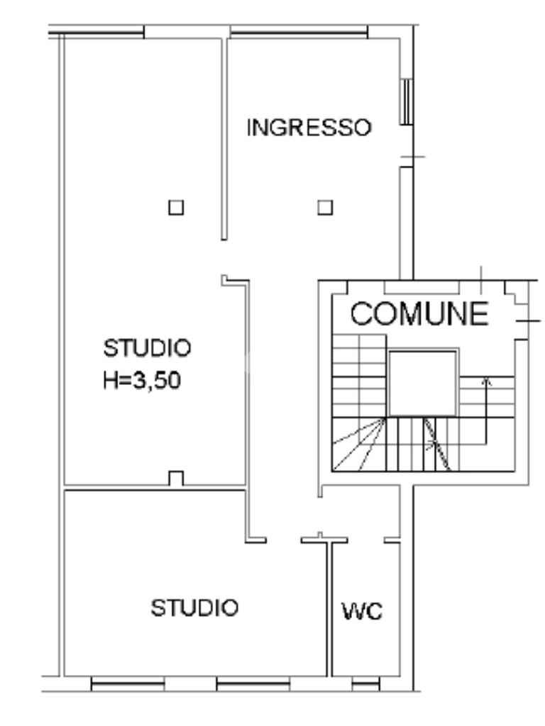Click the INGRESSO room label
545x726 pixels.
pyautogui.click(x=309, y=128)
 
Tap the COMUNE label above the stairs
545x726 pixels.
pyautogui.click(x=419, y=313)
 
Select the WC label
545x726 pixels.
pyautogui.click(x=363, y=611)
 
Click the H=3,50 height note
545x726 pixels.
pyautogui.click(x=142, y=381)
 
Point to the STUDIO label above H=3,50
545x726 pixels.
pyautogui.click(x=147, y=348)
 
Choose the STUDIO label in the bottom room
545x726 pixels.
pyautogui.click(x=194, y=608)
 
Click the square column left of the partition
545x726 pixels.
pyautogui.click(x=176, y=208)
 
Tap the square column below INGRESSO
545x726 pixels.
pyautogui.click(x=325, y=208)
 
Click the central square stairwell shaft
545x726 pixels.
pyautogui.click(x=422, y=384)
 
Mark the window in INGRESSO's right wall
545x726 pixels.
pyautogui.click(x=407, y=101)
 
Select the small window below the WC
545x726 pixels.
pyautogui.click(x=365, y=683)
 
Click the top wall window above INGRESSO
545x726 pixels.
pyautogui.click(x=299, y=33)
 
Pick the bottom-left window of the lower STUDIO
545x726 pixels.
pyautogui.click(x=128, y=683)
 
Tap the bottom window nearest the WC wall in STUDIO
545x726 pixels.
pyautogui.click(x=253, y=683)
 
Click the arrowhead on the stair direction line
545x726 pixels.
pyautogui.click(x=486, y=381)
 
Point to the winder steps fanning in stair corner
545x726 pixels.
pyautogui.click(x=359, y=445)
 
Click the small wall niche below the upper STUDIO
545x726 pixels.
pyautogui.click(x=176, y=479)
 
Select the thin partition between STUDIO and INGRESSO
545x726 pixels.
pyautogui.click(x=224, y=139)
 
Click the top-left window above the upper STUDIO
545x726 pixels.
pyautogui.click(x=97, y=33)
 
